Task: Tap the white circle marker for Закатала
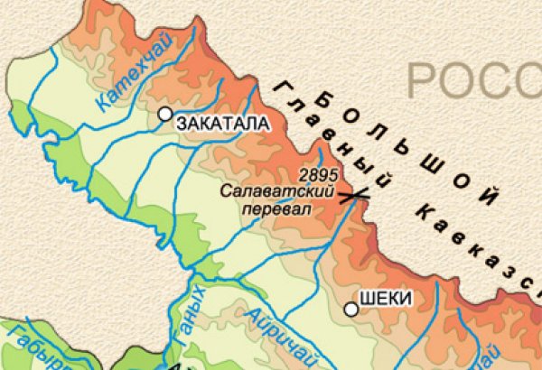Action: tap(165, 114)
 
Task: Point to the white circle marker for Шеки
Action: tap(351, 310)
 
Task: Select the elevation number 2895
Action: tap(317, 175)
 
